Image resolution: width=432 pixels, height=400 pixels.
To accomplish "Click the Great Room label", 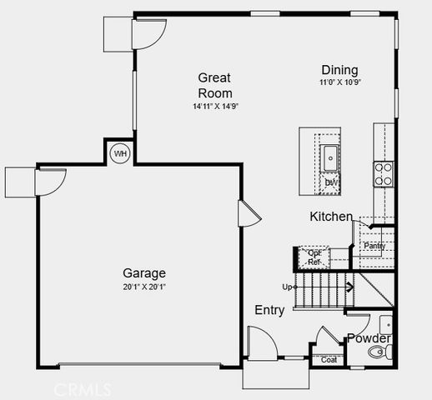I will pos(214,85).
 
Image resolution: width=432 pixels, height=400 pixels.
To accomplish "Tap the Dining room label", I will pos(339,71).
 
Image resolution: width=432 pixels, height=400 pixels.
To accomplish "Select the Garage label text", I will pos(144,273).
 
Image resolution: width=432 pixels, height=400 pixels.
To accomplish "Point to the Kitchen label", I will pos(331,217).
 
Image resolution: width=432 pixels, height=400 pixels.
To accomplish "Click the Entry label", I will pos(269,310).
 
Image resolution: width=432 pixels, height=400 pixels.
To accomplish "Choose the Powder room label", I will pos(369,338).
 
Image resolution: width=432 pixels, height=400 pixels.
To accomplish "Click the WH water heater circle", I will pos(120,153).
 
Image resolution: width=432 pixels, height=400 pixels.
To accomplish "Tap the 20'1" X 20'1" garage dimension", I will pos(144,287).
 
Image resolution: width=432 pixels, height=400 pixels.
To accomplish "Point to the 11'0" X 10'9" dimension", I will pos(339,83).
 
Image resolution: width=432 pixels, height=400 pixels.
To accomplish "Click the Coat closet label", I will pos(329,360).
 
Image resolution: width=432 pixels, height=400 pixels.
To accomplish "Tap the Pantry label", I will pos(374,246).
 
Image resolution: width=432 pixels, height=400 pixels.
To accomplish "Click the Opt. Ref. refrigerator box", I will pos(314,257).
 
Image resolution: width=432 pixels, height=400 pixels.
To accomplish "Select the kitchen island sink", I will pos(331,156).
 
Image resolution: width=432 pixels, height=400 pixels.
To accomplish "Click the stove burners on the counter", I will pos(384,172).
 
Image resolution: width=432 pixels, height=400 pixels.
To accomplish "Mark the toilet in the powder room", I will pos(381,353).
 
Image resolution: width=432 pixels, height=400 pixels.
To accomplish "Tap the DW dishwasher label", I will pos(331,182).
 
